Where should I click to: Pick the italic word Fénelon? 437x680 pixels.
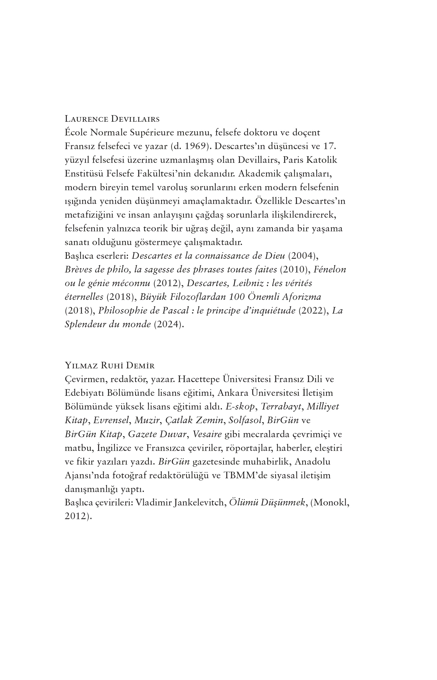[x=330, y=270]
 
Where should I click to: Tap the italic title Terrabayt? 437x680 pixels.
[x=281, y=407]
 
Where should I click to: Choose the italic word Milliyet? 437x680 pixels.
[x=323, y=407]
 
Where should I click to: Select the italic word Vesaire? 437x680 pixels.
[x=207, y=434]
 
